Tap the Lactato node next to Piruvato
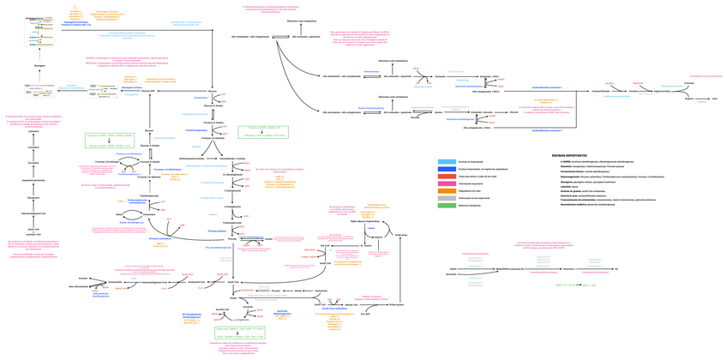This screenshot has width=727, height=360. (268, 239)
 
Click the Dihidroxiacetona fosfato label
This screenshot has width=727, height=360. (192, 159)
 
